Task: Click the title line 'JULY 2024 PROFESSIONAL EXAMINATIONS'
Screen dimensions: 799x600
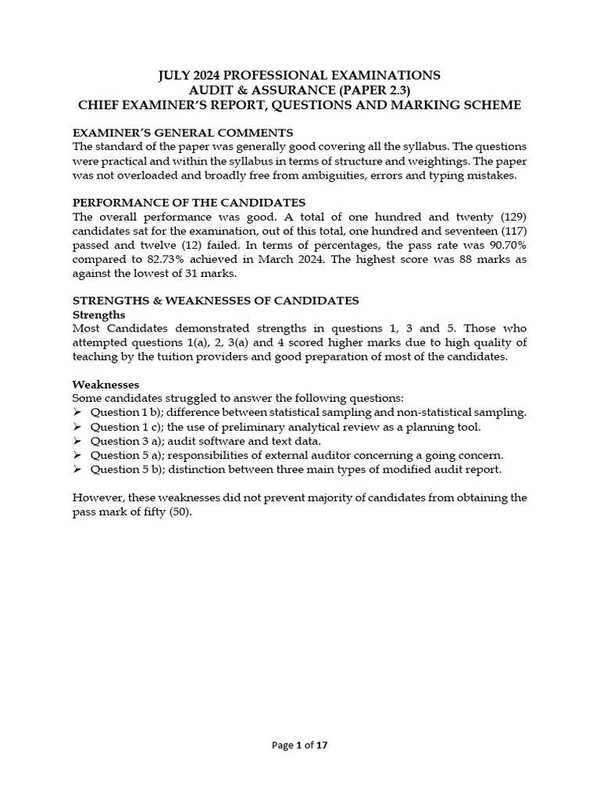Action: (x=299, y=75)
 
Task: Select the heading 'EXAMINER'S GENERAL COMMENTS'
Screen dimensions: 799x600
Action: (x=183, y=132)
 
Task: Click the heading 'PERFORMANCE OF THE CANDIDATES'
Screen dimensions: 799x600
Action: (x=188, y=202)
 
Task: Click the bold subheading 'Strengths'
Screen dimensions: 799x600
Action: (x=98, y=314)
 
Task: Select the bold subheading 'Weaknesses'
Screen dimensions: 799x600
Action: (x=105, y=385)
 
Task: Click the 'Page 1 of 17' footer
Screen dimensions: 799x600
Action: (x=299, y=745)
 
